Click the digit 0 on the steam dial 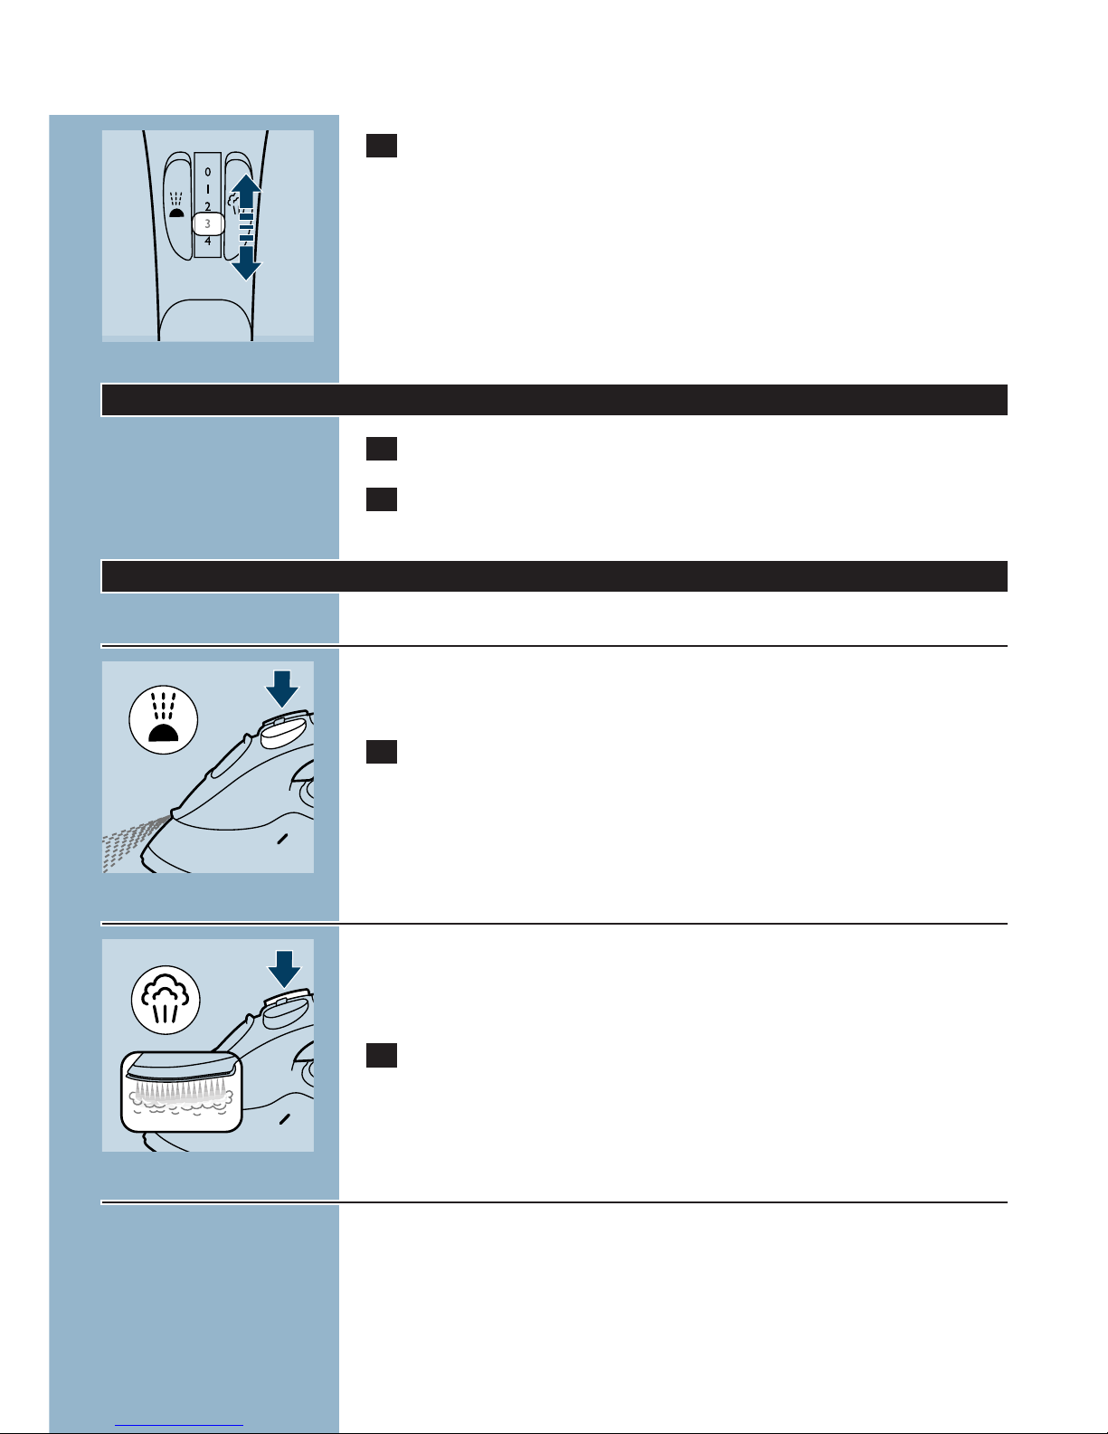(x=208, y=172)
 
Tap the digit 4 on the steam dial (x=208, y=242)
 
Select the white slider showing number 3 (x=208, y=223)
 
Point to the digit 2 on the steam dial (x=208, y=206)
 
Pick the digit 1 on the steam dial (x=208, y=189)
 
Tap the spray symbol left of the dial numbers (x=176, y=205)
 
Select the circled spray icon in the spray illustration (x=164, y=719)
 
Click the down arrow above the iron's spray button (x=282, y=689)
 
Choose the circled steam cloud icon (x=166, y=1000)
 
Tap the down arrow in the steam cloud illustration (x=284, y=969)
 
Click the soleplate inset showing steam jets (x=182, y=1091)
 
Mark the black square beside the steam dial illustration (x=382, y=146)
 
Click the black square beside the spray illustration (x=382, y=752)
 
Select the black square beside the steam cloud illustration (x=382, y=1055)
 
